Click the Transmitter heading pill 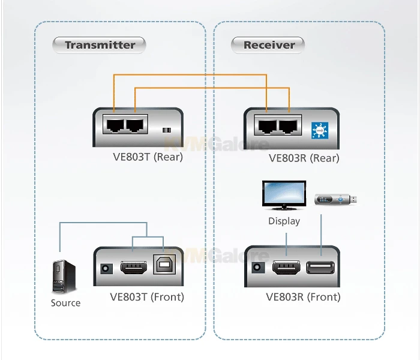pos(100,44)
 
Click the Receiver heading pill pos(269,44)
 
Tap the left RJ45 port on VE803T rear pos(113,125)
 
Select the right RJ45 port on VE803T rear pos(136,125)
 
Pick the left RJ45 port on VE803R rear pos(267,125)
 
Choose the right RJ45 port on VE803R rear pos(289,125)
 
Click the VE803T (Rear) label pos(147,158)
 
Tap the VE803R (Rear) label pos(304,158)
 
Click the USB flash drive pos(337,200)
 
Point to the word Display pos(284,221)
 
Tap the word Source pos(65,303)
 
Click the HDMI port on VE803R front pos(287,268)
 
